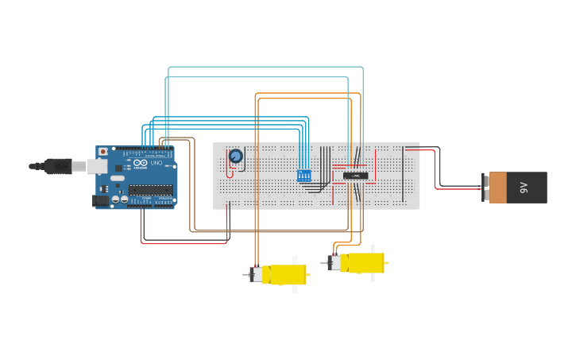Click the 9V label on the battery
click(x=524, y=188)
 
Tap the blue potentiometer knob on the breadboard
click(x=235, y=157)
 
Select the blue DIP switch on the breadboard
click(x=303, y=176)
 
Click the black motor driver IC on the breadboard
click(x=354, y=176)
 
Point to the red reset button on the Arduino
click(x=102, y=152)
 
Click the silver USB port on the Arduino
click(x=96, y=166)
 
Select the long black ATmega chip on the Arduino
click(x=150, y=189)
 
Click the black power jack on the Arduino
click(x=101, y=201)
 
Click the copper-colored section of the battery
click(x=497, y=188)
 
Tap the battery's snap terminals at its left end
click(x=485, y=188)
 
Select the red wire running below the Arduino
click(x=183, y=242)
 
